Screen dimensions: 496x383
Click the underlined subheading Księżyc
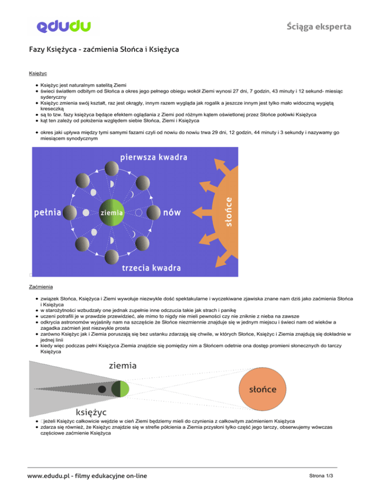coord(37,73)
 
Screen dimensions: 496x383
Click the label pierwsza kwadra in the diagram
coord(154,158)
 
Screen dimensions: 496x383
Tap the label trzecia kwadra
coord(151,268)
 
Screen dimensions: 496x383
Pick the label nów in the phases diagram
coord(172,213)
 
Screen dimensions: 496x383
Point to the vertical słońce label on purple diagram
coord(229,212)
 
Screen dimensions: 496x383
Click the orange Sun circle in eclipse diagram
coord(264,389)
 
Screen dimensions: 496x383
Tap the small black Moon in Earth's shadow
coord(102,389)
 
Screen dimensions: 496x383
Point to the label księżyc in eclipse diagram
coord(91,412)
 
